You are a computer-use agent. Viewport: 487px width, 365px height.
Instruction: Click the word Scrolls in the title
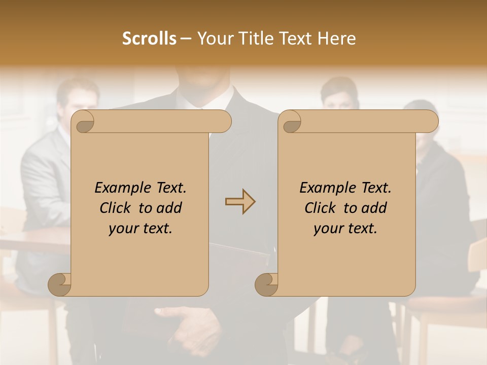[x=150, y=39]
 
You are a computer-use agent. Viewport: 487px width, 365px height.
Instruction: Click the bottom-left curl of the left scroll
[x=59, y=284]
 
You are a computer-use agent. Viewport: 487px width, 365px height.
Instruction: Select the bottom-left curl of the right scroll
[x=266, y=284]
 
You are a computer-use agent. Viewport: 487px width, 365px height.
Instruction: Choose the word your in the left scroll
[x=122, y=229]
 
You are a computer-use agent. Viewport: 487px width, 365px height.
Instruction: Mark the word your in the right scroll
[x=327, y=229]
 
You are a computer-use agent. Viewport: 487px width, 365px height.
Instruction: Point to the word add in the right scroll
[x=375, y=208]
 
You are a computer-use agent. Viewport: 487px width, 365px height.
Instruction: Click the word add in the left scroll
[x=170, y=208]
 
